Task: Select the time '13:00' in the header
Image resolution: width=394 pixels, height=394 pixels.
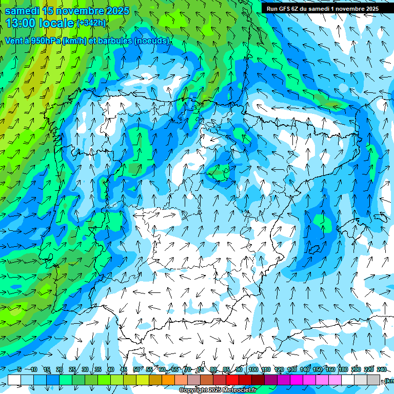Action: (x=22, y=23)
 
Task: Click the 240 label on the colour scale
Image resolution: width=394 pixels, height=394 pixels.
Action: (x=381, y=369)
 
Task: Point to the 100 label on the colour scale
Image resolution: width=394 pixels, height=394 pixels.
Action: (x=253, y=369)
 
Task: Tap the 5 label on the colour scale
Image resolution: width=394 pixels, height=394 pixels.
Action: (x=19, y=369)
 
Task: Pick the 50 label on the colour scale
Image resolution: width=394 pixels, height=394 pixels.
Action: (x=136, y=369)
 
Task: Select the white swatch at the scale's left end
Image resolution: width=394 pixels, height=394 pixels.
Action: (x=14, y=380)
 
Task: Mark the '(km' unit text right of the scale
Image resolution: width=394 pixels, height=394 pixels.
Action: (x=388, y=380)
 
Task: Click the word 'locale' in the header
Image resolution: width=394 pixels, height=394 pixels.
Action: (x=56, y=23)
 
